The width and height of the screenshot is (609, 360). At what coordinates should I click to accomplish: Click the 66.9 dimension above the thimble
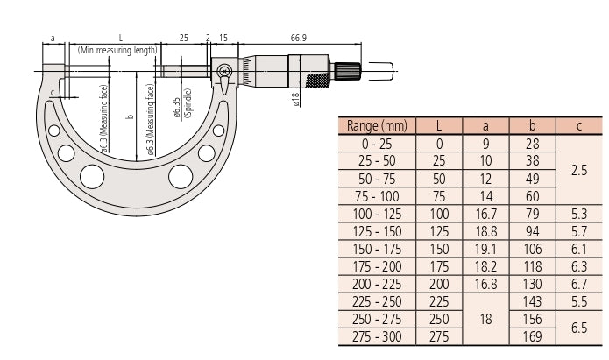click(298, 38)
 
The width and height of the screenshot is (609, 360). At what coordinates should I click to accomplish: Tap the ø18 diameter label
click(296, 99)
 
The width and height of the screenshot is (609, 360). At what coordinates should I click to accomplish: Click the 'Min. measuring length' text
click(117, 50)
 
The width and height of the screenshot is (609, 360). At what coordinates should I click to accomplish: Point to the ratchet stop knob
click(348, 71)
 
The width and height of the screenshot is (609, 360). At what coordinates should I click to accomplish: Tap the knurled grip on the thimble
click(318, 80)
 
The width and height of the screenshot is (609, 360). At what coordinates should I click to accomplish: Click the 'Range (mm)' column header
click(377, 126)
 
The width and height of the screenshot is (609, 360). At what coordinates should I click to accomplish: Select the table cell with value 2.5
click(579, 170)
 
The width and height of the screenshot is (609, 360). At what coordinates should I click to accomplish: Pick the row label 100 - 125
click(377, 214)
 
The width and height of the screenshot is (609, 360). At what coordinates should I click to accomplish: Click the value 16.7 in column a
click(485, 214)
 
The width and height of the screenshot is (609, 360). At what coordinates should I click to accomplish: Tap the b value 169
click(532, 336)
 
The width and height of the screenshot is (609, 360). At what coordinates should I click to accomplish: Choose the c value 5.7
click(579, 231)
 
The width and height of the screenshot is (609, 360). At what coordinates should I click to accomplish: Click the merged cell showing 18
click(485, 319)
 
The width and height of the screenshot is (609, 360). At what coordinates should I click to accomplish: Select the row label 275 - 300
click(377, 336)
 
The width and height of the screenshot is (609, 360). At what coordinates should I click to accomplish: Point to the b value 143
click(532, 301)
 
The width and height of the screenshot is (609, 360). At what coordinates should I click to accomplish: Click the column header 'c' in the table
click(579, 126)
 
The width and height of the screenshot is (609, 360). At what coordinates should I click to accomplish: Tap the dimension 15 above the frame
click(223, 38)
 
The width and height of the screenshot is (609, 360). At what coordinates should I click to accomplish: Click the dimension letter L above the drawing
click(120, 38)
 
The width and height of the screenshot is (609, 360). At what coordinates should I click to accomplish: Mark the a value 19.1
click(485, 249)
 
